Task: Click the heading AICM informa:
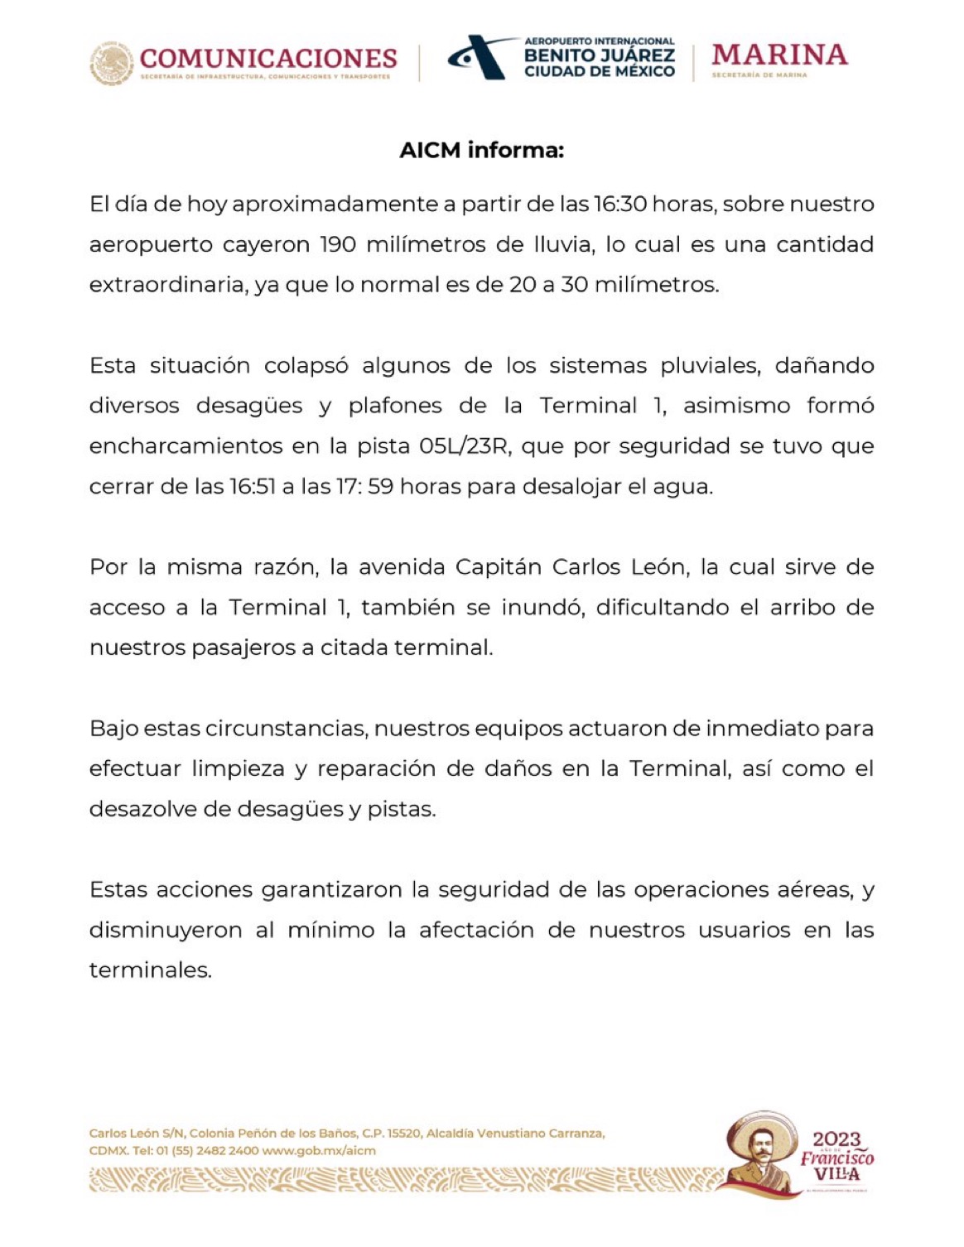point(481,151)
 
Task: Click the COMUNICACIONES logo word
point(268,58)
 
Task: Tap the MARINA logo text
point(779,55)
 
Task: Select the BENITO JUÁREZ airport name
point(600,56)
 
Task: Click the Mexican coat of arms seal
point(112,64)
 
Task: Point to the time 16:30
point(620,205)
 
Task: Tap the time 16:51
point(252,487)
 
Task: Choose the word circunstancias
point(286,729)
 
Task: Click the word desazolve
point(143,810)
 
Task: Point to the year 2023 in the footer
point(836,1139)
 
